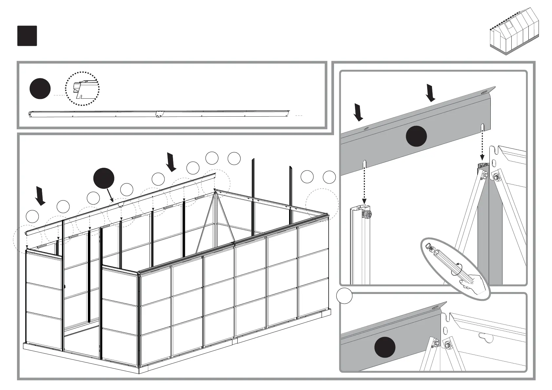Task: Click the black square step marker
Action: [27, 36]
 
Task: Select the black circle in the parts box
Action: [40, 89]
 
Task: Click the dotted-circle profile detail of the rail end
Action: [82, 88]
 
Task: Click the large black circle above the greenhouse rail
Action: [104, 179]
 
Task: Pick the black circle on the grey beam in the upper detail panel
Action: [416, 136]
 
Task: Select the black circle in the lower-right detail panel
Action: [385, 347]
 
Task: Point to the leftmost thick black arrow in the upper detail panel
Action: [359, 112]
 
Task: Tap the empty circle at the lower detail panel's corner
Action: [344, 296]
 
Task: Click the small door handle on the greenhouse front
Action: [65, 287]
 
